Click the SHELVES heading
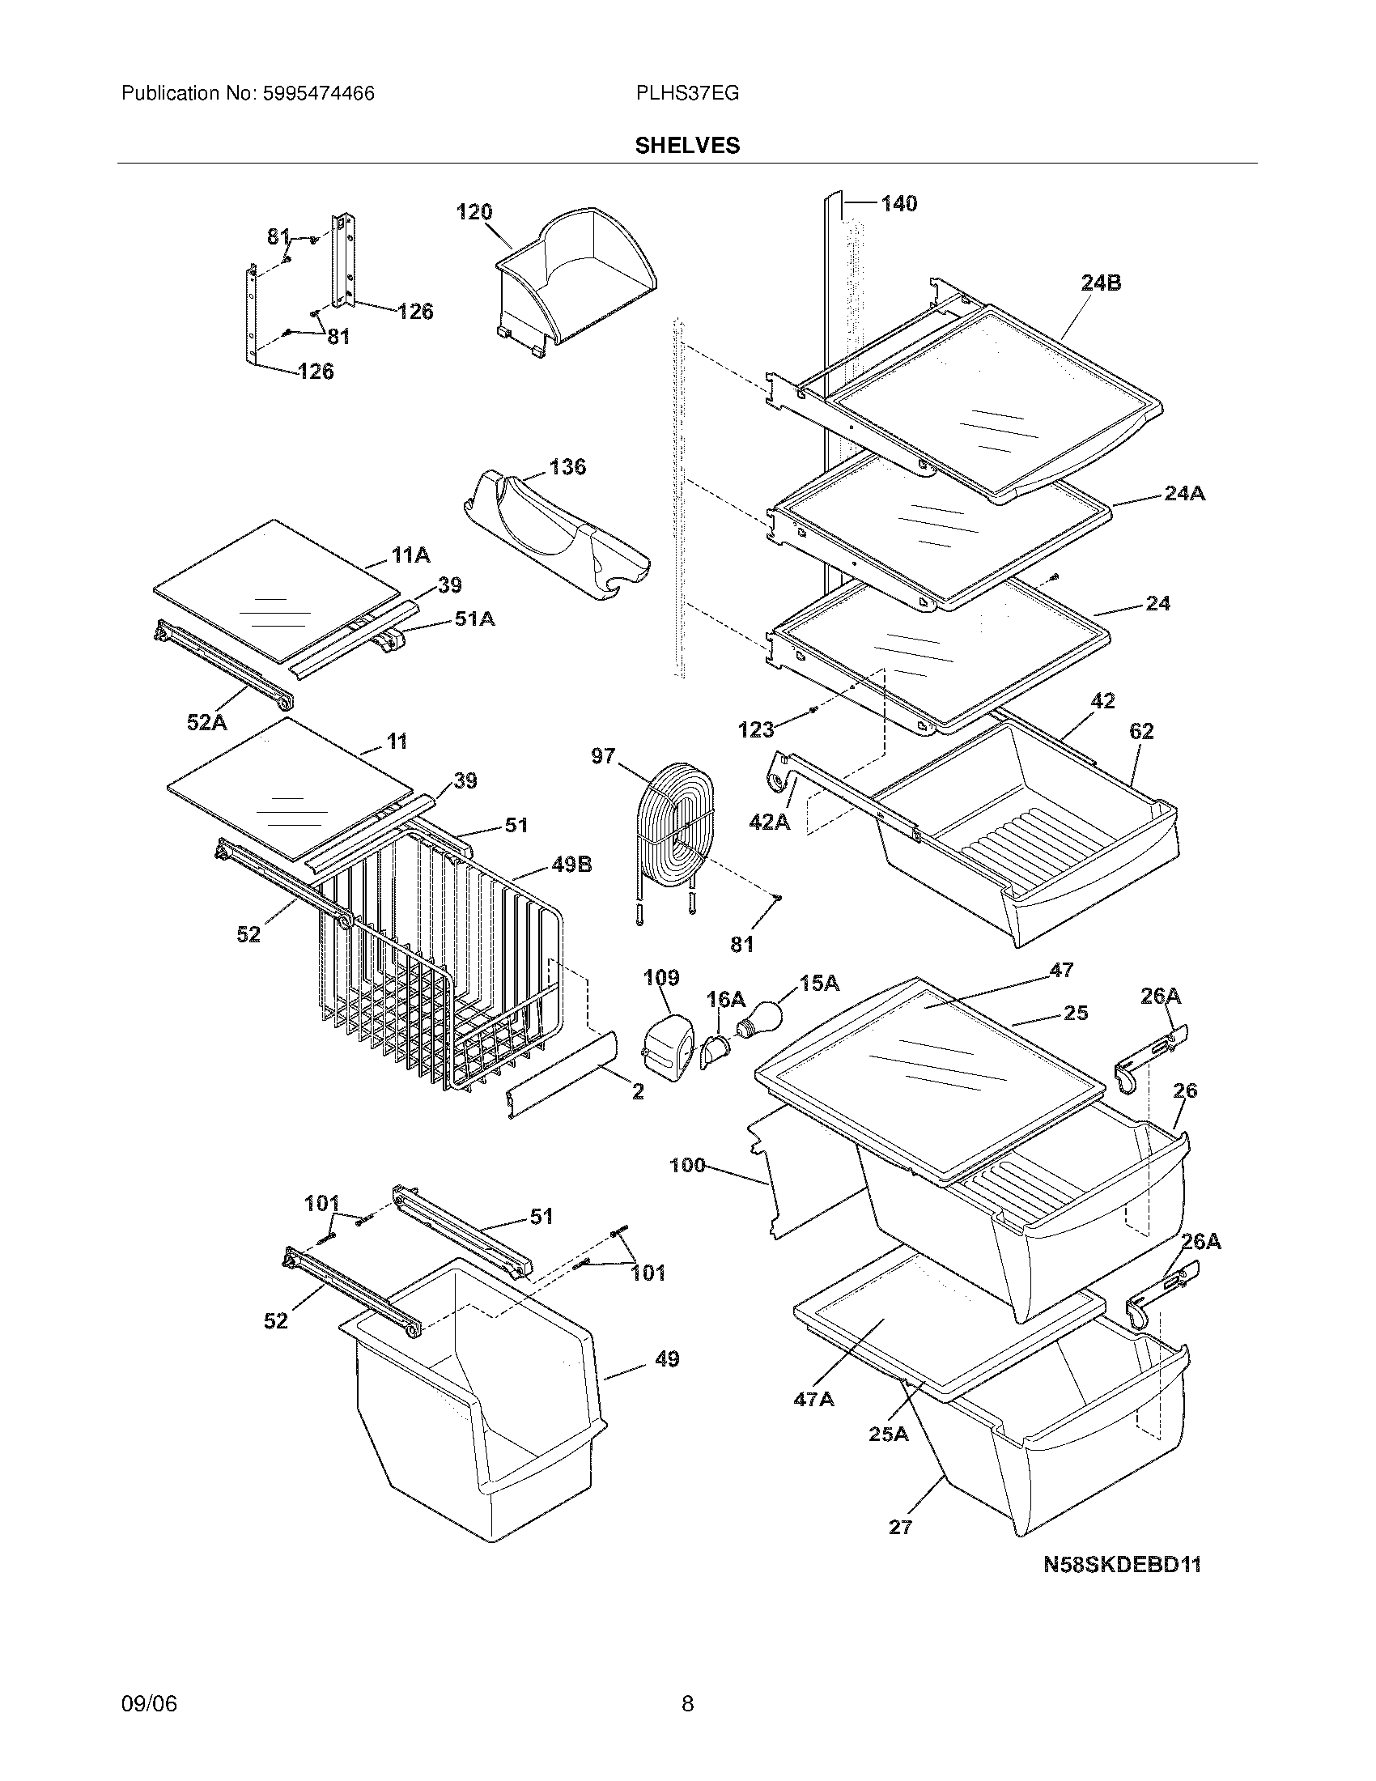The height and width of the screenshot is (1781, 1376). click(687, 145)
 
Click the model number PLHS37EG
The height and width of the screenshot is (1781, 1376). click(687, 94)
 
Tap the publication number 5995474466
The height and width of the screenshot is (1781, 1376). click(318, 94)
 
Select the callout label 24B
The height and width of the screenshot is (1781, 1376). click(1101, 283)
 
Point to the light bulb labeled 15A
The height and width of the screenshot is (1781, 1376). click(760, 1016)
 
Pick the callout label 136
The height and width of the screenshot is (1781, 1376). click(567, 466)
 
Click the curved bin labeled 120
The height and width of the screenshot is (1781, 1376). click(575, 282)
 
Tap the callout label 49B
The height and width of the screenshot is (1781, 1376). click(571, 865)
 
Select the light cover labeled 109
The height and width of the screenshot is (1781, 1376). click(668, 1044)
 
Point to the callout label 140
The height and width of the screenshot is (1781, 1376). click(898, 203)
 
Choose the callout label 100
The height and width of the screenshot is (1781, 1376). click(687, 1165)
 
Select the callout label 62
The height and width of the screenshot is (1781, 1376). click(1141, 732)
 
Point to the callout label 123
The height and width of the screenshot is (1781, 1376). click(756, 729)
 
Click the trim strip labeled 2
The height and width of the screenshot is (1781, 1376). click(561, 1075)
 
